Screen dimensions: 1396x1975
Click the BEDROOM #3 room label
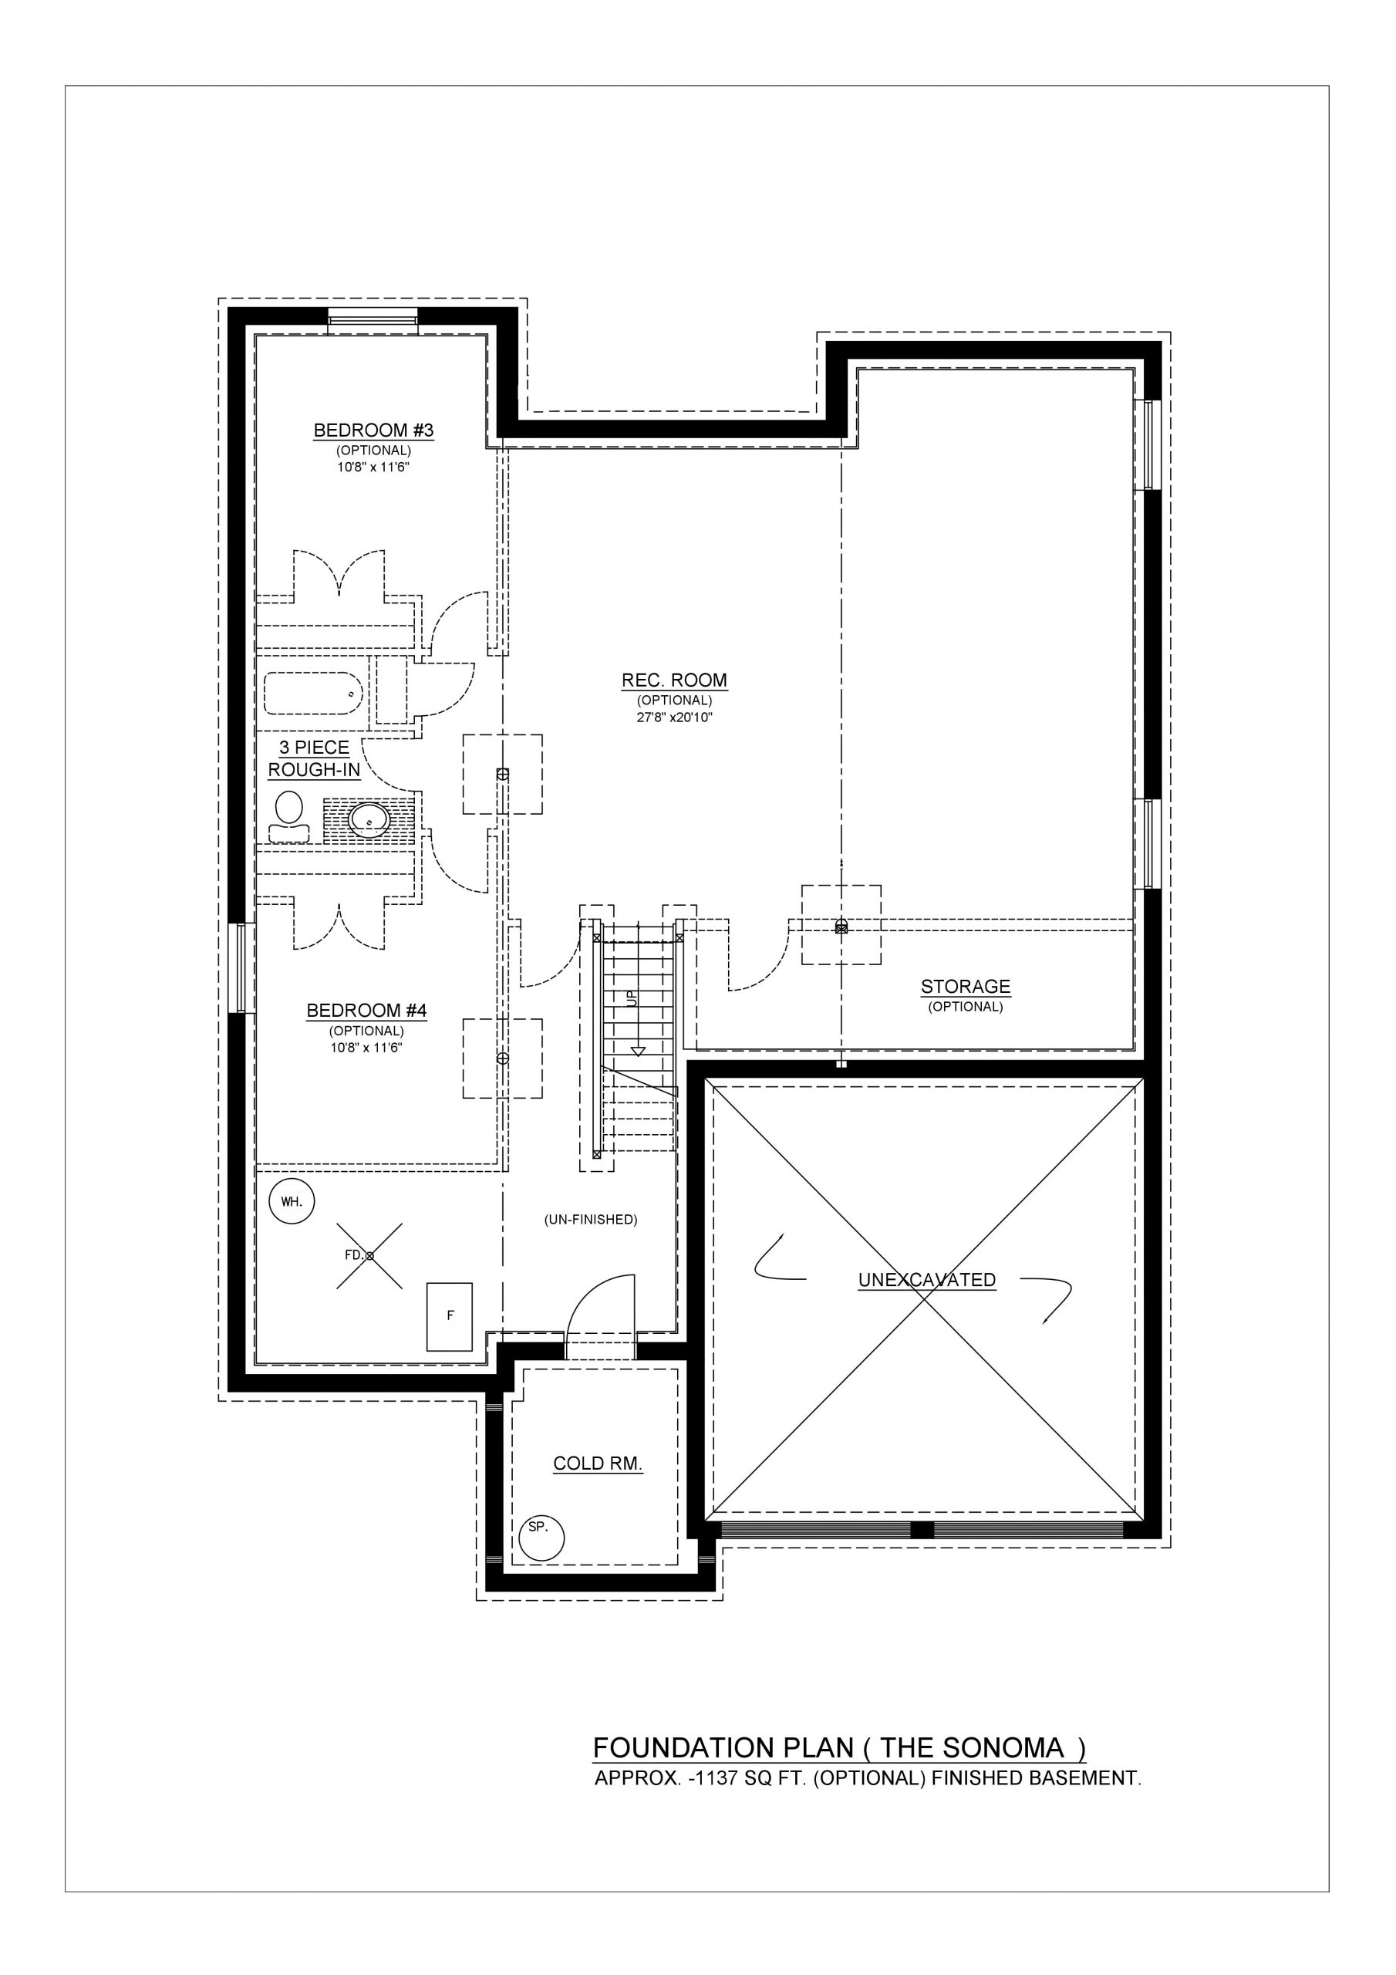[x=373, y=430]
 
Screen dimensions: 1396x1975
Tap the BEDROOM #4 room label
[x=366, y=1011]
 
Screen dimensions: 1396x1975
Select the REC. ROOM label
[x=674, y=680]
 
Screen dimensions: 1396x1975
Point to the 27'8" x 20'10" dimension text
[x=674, y=717]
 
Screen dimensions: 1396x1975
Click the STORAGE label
[x=965, y=987]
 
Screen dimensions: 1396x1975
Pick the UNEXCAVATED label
[x=926, y=1280]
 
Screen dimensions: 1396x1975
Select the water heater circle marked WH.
[x=292, y=1201]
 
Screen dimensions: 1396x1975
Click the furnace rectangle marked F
[x=450, y=1316]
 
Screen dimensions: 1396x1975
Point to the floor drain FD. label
[x=353, y=1255]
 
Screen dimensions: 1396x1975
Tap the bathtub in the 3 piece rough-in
[x=313, y=694]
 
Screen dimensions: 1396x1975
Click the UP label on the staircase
[x=632, y=998]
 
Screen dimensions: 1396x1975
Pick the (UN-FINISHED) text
[x=591, y=1220]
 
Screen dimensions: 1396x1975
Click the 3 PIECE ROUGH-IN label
[x=314, y=758]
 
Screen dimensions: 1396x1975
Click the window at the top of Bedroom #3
[x=373, y=320]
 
